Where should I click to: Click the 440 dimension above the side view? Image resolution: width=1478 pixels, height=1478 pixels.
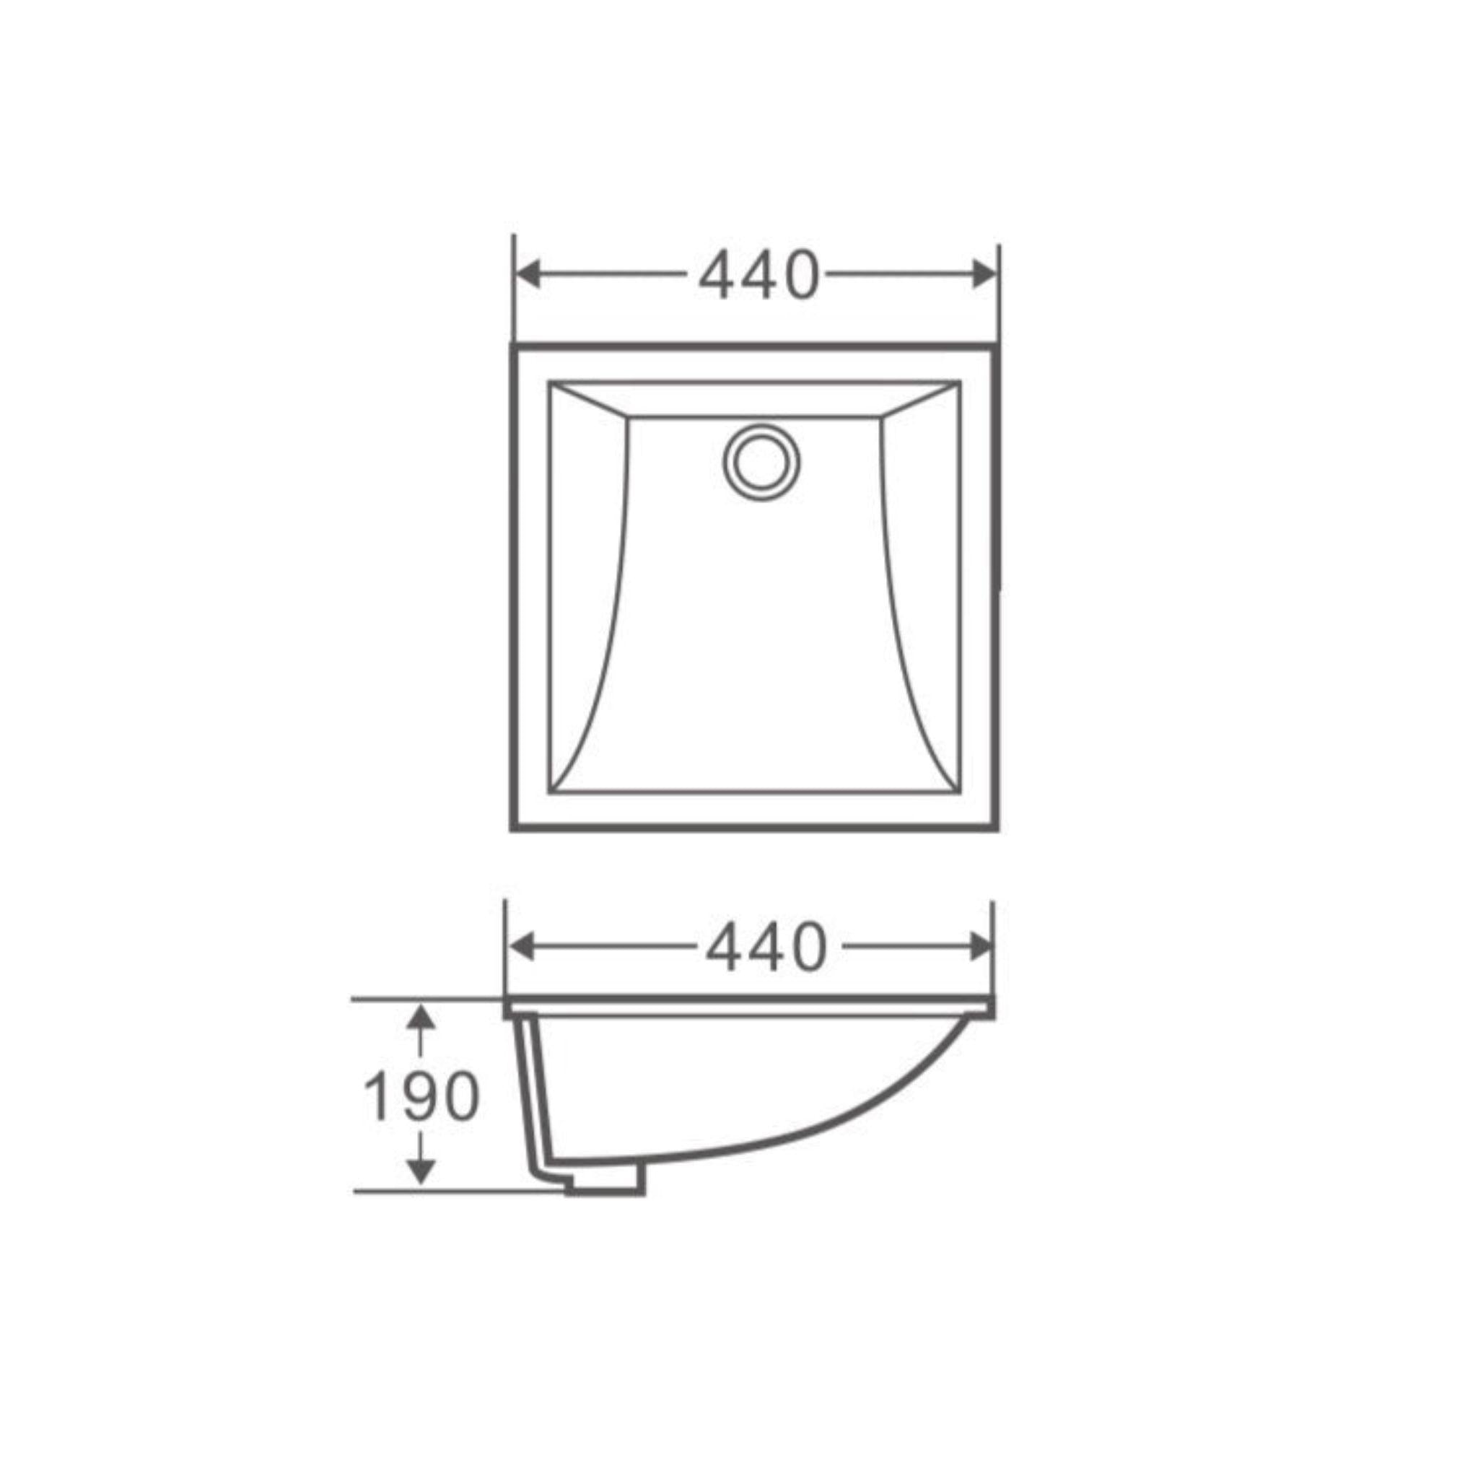coord(766,948)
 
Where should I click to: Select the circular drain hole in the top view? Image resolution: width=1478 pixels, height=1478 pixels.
coord(761,462)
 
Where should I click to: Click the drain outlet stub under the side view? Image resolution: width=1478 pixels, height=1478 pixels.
coord(604,1202)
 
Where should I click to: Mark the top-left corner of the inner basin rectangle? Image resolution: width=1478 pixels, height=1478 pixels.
coord(548,380)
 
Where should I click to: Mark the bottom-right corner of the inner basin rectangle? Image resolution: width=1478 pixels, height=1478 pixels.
coord(960,793)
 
